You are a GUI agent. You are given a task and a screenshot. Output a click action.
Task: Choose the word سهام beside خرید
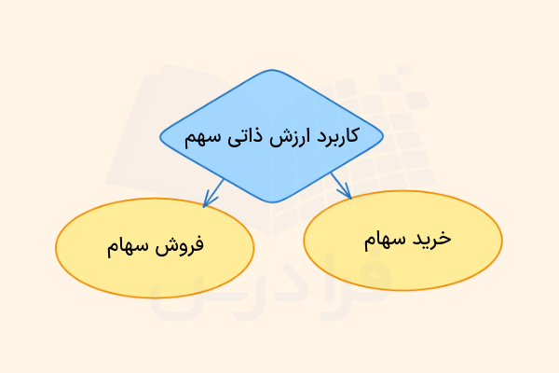[x=384, y=239]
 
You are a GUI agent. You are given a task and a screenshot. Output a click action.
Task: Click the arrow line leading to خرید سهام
[x=339, y=182]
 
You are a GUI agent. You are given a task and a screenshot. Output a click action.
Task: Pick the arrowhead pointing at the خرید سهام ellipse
[x=347, y=193]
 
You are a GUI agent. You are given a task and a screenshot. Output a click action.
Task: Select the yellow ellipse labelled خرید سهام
[x=402, y=266]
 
